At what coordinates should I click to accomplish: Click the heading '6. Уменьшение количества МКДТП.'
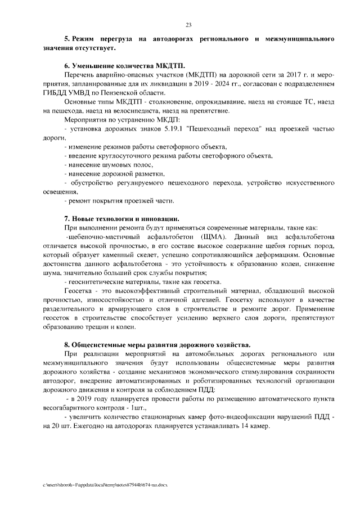click(124, 65)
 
